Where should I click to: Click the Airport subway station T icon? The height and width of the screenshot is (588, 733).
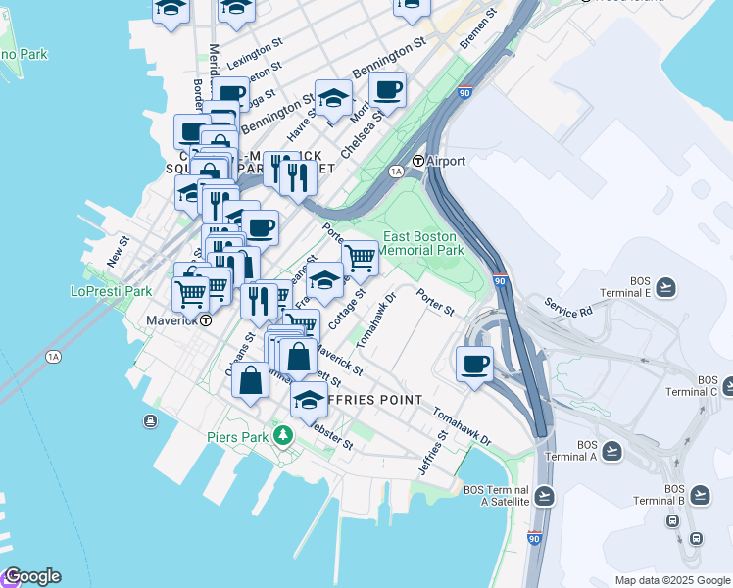(x=418, y=161)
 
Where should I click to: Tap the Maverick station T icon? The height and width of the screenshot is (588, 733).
(x=206, y=320)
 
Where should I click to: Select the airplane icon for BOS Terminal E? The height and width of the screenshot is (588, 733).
(x=666, y=286)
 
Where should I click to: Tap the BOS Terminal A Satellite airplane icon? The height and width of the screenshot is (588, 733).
(x=545, y=496)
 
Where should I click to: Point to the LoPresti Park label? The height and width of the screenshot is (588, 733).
(x=111, y=291)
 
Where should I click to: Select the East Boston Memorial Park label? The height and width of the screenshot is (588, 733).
(x=422, y=243)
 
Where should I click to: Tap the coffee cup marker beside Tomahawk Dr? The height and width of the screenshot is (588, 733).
(x=475, y=364)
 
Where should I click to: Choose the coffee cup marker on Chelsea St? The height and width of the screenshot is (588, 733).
(x=388, y=90)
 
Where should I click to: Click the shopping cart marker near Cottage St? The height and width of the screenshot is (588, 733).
(x=361, y=258)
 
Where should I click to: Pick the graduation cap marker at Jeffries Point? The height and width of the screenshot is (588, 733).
(x=310, y=399)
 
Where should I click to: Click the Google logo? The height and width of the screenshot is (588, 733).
(x=31, y=576)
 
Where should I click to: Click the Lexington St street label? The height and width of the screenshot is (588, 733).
(x=248, y=60)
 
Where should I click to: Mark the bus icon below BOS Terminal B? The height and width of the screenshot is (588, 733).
(x=697, y=538)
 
